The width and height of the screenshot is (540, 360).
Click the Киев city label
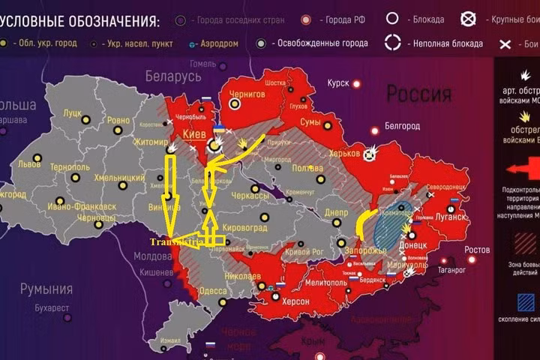194,134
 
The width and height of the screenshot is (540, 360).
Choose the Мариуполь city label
406,263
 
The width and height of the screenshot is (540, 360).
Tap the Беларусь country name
174,77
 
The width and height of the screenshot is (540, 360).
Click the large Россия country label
418,94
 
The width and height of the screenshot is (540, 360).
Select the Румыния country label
46,289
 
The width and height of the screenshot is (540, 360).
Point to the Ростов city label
477,250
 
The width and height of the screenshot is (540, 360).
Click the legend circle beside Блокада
392,19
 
